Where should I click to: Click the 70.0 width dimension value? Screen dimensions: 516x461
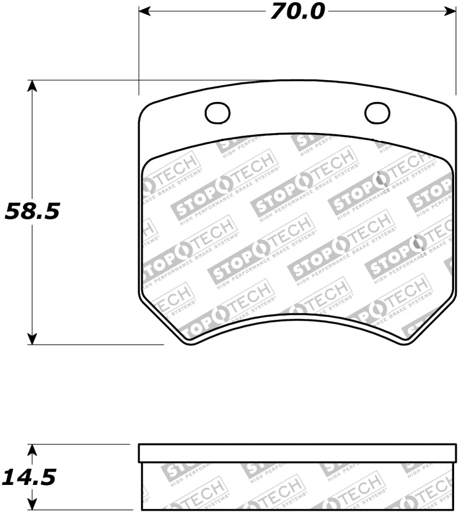point(298,12)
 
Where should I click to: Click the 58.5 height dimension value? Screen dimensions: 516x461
point(32,211)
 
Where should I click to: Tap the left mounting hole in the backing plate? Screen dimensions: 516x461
point(217,112)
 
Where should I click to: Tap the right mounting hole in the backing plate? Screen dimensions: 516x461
point(376,112)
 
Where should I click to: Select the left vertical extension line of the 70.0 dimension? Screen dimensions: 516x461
point(139,52)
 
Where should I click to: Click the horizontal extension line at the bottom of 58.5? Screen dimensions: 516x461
point(98,344)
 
